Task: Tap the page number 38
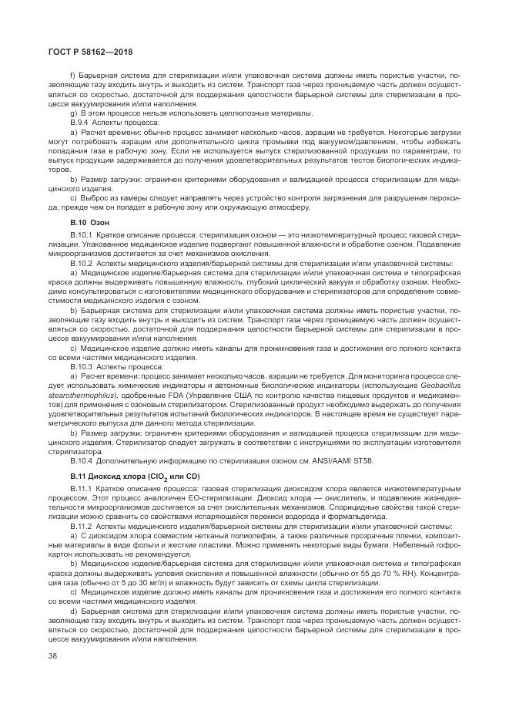[x=53, y=655]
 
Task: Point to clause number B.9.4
[x=80, y=122]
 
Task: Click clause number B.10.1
[x=81, y=233]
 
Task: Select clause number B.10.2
[x=81, y=262]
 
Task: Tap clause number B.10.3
[x=81, y=367]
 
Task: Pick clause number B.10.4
[x=81, y=461]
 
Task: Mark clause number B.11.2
[x=81, y=526]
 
